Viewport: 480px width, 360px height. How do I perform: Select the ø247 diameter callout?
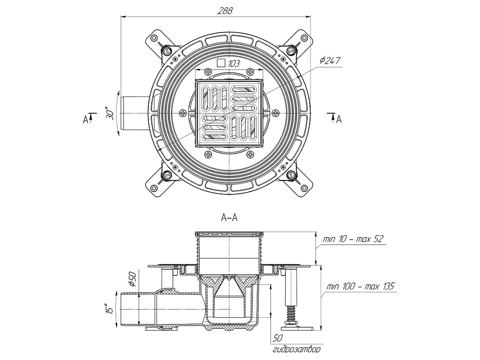(x=330, y=61)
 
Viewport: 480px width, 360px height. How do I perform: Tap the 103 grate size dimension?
(x=234, y=62)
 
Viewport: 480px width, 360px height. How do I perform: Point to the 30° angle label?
(x=110, y=113)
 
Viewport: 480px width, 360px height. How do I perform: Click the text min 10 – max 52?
(x=353, y=239)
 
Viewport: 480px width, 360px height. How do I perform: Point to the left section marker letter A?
(x=85, y=119)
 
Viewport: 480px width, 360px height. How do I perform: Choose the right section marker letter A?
(x=338, y=119)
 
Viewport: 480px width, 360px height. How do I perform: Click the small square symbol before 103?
(x=221, y=62)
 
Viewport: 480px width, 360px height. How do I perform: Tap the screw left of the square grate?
(x=182, y=113)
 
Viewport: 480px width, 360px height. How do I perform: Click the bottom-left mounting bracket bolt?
(x=168, y=176)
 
